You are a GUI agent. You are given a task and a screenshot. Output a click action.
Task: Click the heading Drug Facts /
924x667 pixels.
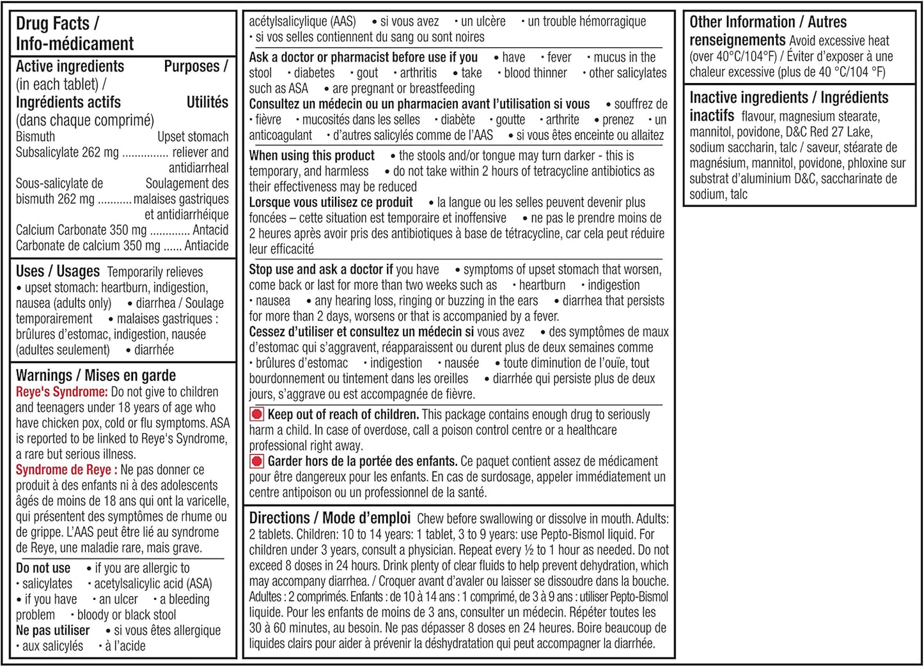pyautogui.click(x=57, y=24)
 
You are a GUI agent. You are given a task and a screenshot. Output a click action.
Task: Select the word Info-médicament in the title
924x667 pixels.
pyautogui.click(x=75, y=44)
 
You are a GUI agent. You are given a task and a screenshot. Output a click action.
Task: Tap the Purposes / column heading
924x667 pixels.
pyautogui.click(x=196, y=66)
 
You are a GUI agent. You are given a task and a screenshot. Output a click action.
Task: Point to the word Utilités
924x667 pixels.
pyautogui.click(x=207, y=102)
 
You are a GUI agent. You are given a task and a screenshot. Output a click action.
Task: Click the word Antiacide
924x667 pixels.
pyautogui.click(x=206, y=246)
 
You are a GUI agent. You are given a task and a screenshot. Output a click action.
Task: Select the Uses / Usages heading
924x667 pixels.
pyautogui.click(x=58, y=272)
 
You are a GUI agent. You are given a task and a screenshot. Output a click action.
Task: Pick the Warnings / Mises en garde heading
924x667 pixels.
pyautogui.click(x=95, y=376)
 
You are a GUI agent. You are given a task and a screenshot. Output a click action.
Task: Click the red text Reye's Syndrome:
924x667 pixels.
pyautogui.click(x=61, y=392)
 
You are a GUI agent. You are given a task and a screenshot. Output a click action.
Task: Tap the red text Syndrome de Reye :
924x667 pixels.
pyautogui.click(x=67, y=470)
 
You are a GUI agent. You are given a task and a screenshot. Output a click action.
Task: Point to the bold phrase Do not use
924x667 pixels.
pyautogui.click(x=43, y=568)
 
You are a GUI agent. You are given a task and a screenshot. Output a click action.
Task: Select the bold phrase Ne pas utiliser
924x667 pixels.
pyautogui.click(x=52, y=631)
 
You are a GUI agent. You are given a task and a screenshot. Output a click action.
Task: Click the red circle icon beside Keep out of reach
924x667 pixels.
pyautogui.click(x=257, y=415)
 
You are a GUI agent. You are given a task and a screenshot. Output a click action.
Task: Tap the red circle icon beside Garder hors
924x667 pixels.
pyautogui.click(x=257, y=461)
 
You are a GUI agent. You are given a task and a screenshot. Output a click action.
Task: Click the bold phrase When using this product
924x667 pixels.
pyautogui.click(x=311, y=156)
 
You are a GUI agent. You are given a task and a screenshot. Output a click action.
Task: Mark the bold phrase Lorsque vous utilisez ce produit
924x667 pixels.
pyautogui.click(x=331, y=203)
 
